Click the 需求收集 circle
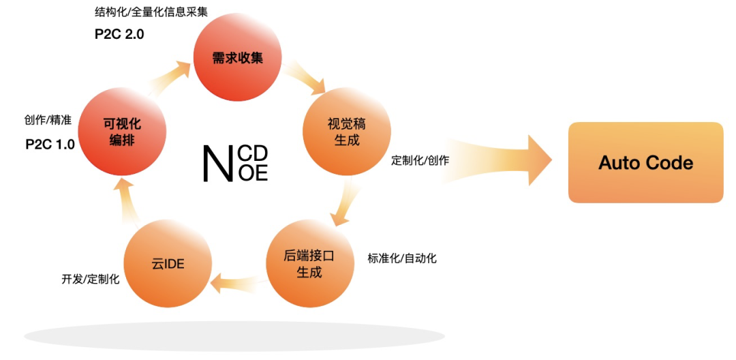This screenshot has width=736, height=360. [237, 59]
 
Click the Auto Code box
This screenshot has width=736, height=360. [645, 162]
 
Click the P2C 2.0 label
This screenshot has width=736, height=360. [119, 34]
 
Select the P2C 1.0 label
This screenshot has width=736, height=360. [50, 144]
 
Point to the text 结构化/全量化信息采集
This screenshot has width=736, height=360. [151, 12]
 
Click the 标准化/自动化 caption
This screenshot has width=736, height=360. [402, 258]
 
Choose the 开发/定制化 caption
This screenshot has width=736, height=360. [91, 279]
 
